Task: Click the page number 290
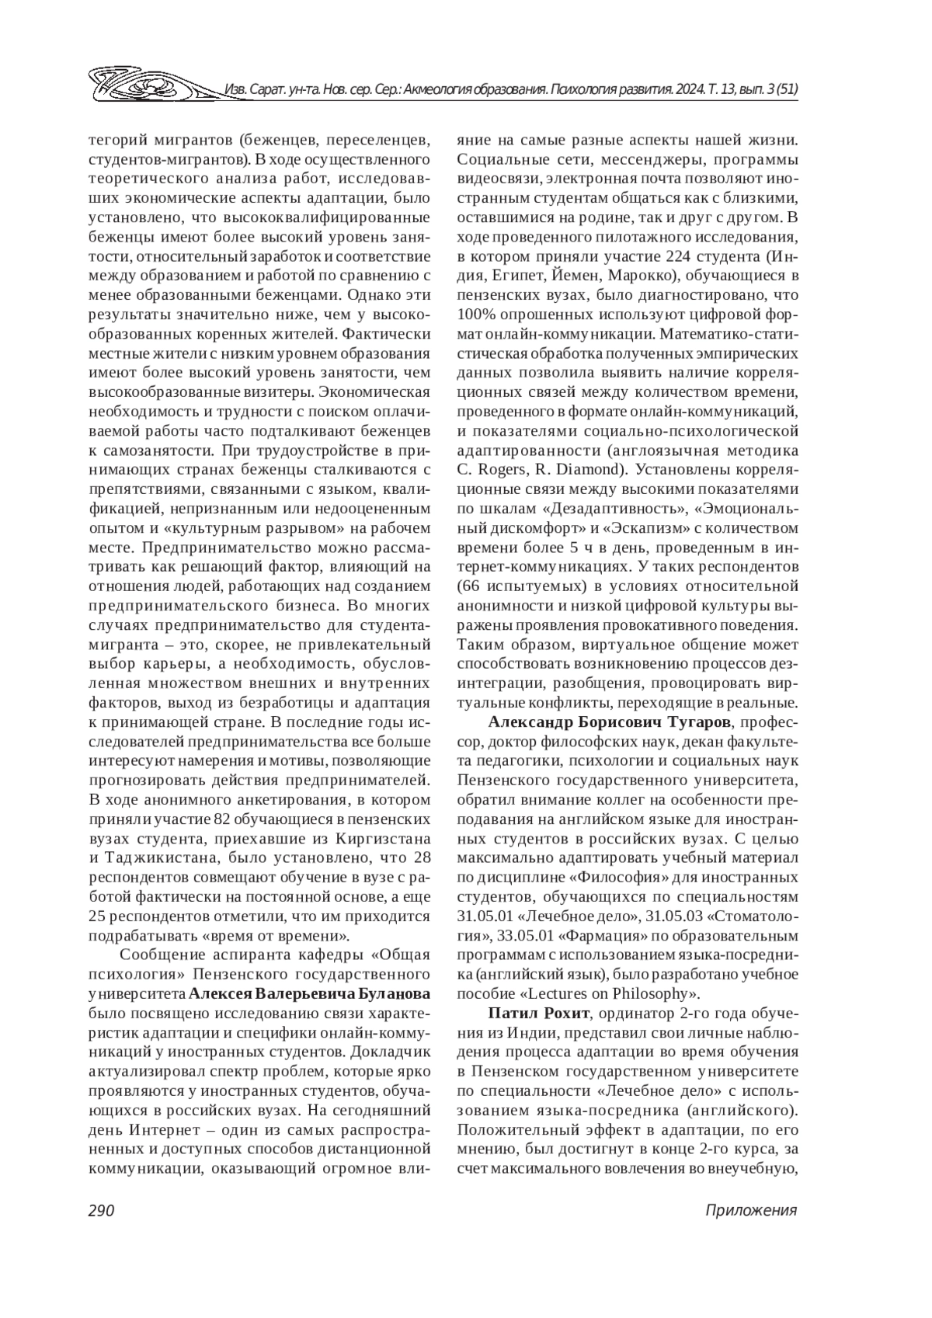point(101,1212)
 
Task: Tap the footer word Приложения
point(751,1212)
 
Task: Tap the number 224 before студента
point(683,256)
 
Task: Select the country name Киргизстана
point(383,840)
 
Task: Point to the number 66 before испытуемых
point(475,586)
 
